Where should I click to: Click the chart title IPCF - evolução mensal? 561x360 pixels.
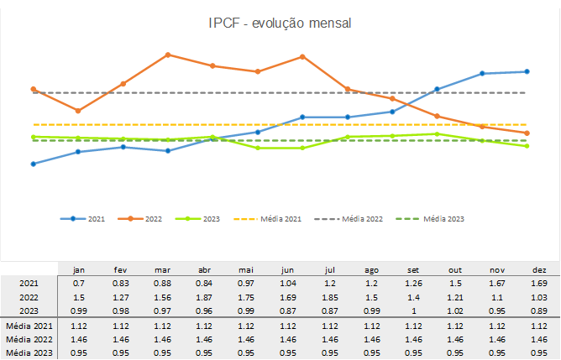[x=280, y=23]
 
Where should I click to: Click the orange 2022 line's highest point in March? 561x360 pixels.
[x=168, y=55]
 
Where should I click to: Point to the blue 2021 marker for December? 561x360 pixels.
[x=527, y=71]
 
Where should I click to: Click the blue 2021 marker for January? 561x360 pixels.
[x=34, y=164]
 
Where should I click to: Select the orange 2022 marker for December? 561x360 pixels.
[x=527, y=133]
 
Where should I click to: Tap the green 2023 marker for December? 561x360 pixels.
[x=527, y=146]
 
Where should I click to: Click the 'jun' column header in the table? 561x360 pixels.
[x=287, y=270]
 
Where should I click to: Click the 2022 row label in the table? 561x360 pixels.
[x=29, y=297]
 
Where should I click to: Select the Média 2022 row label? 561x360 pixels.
[x=29, y=338]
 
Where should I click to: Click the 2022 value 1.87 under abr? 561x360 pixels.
[x=204, y=297]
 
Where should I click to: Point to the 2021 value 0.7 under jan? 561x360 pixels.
[x=79, y=284]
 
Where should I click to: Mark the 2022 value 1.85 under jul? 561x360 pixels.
[x=329, y=297]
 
